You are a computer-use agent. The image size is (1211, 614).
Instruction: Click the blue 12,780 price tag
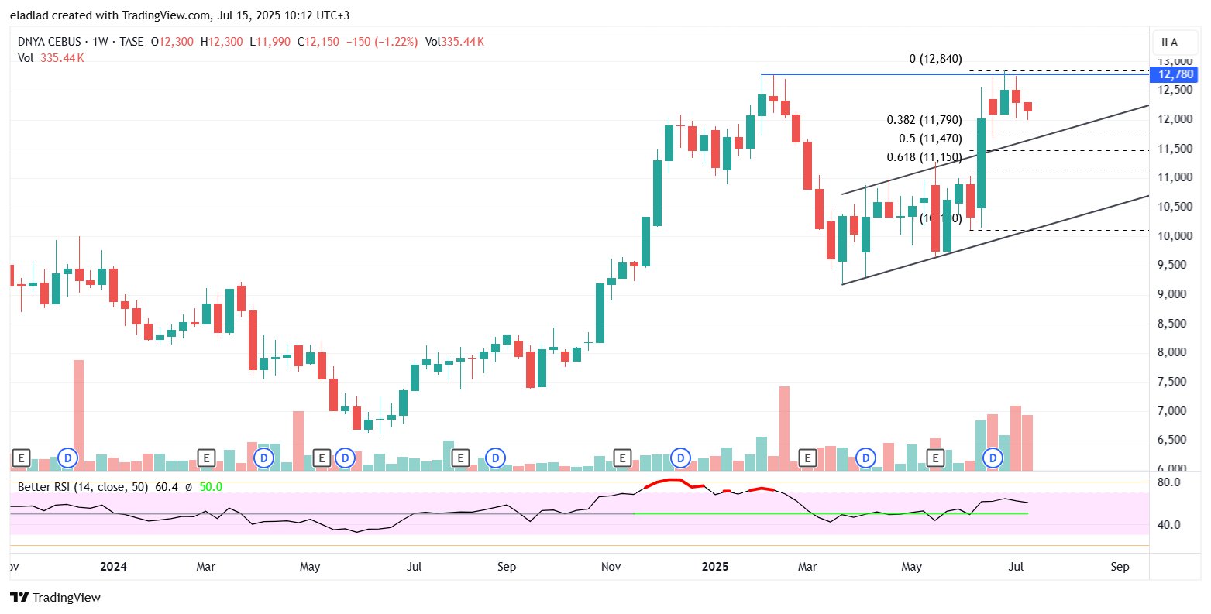[x=1175, y=74]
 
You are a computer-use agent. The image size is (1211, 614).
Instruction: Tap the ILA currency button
[x=1169, y=43]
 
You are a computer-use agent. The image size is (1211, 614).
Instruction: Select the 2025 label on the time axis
[x=715, y=567]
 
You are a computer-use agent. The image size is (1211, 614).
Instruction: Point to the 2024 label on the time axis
[x=113, y=567]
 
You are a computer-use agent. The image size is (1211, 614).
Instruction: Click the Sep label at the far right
[x=1120, y=567]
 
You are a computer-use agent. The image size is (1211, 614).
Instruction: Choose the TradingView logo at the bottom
[x=56, y=597]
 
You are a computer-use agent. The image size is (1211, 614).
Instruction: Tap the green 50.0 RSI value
[x=211, y=487]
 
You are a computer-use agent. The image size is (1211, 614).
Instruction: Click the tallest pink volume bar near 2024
[x=78, y=414]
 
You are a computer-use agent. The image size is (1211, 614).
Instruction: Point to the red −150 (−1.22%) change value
[x=381, y=42]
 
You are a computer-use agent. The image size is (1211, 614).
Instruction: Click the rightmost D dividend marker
[x=993, y=458]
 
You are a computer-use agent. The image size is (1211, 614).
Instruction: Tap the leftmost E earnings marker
[x=21, y=458]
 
